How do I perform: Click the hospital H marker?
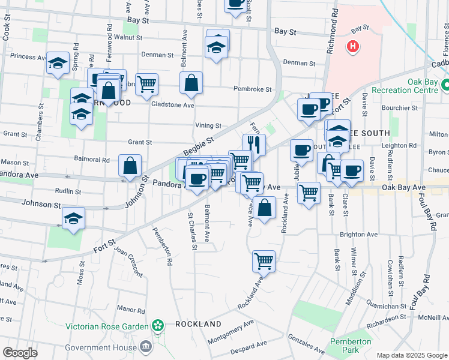[x=353, y=46]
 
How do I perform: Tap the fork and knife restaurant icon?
[x=255, y=144]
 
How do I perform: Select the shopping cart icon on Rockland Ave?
[x=264, y=261]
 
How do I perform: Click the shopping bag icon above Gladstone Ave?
[x=191, y=83]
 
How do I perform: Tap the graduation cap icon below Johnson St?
[x=73, y=218]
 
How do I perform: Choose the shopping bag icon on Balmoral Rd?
[x=130, y=165]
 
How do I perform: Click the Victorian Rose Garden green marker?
[x=158, y=326]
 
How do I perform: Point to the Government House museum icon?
[x=145, y=347]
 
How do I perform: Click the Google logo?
[x=20, y=353]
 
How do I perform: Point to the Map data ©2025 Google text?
[x=411, y=355]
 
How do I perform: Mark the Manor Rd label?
[x=131, y=310]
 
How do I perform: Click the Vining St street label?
[x=208, y=126]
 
